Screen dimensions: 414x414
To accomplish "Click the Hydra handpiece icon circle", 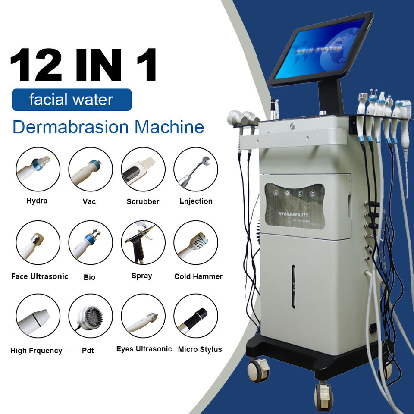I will point(38,169).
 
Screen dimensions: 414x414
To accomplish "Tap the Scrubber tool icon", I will point(143,169).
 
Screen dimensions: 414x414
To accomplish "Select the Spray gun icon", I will point(143,243).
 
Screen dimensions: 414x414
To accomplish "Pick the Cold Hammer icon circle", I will point(195,243).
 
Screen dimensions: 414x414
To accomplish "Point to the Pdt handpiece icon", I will point(90,316).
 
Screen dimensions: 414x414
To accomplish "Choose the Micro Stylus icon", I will point(195,316).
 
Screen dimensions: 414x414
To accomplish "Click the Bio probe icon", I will point(90,243).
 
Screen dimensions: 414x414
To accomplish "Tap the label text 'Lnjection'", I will point(196,201).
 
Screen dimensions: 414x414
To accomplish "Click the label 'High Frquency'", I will point(36,351).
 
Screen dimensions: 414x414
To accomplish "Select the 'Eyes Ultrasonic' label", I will point(144,349).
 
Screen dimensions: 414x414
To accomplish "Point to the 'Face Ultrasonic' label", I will point(40,276).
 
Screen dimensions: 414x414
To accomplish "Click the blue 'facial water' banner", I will point(71,100).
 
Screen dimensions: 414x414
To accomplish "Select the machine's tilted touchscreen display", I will point(321,48).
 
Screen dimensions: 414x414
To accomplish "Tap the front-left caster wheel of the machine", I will point(257,370).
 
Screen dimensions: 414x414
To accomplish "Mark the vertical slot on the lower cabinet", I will point(293,287).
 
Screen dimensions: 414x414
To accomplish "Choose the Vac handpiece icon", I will point(90,169).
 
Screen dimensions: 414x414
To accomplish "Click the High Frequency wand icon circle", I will point(38,316).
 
